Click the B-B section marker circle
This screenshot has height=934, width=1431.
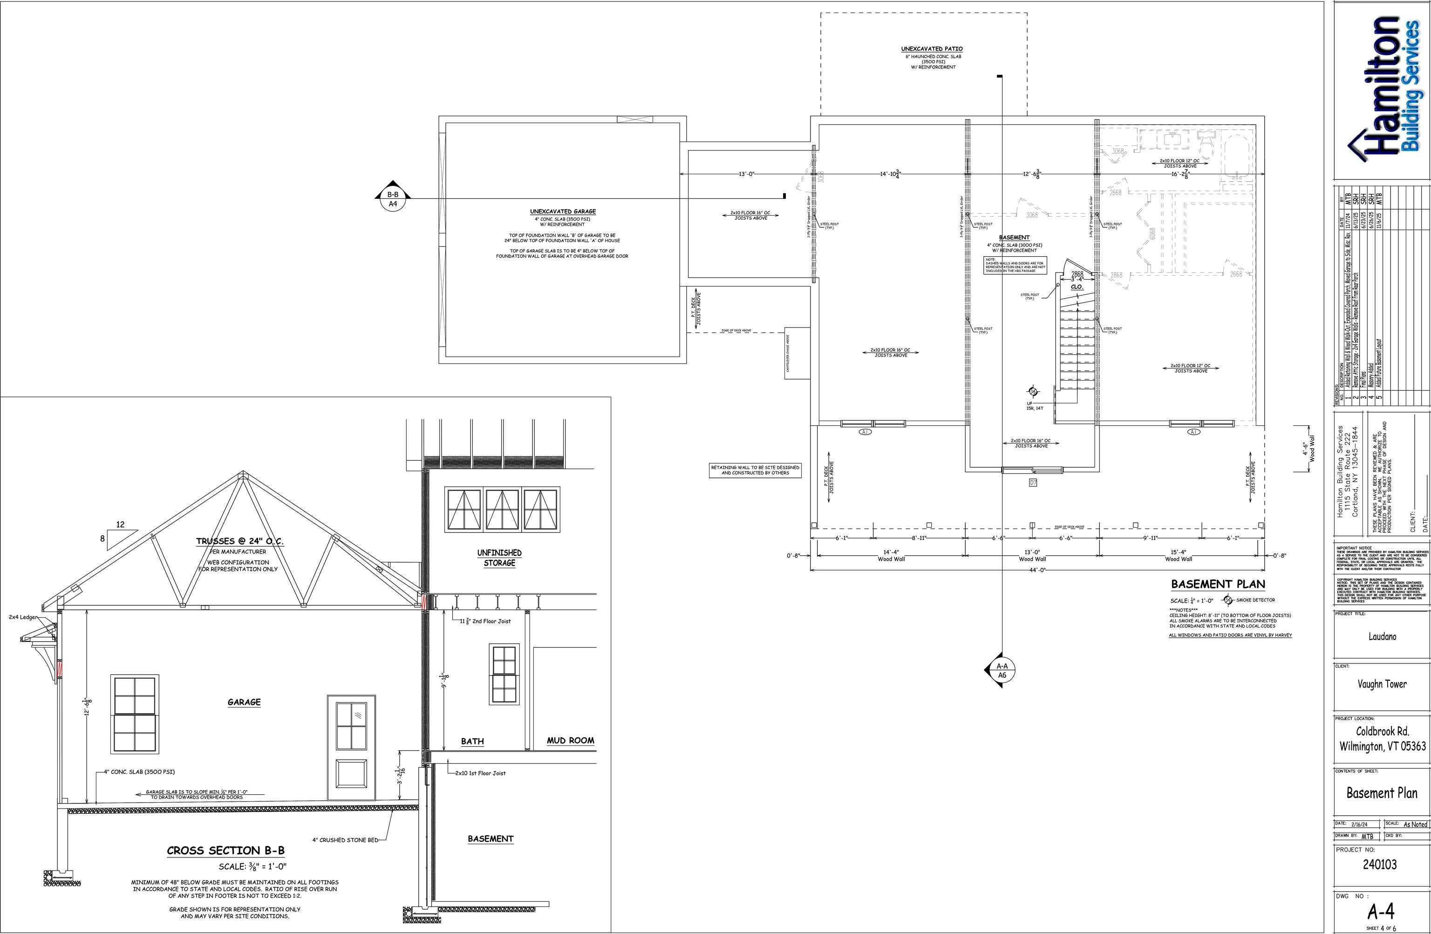coord(393,199)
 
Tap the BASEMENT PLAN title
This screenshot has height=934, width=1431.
coord(1218,584)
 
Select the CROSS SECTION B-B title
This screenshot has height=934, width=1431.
coord(225,851)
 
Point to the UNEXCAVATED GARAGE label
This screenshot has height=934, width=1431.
coord(563,211)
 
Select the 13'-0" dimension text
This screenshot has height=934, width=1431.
coord(746,174)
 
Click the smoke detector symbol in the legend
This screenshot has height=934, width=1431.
coord(1228,600)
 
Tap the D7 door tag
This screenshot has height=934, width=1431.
coord(1033,482)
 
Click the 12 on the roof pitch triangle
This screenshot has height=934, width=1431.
coord(120,525)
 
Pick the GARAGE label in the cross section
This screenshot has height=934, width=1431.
coord(244,702)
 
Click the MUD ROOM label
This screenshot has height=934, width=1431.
coord(570,740)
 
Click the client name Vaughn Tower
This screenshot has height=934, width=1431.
coord(1382,684)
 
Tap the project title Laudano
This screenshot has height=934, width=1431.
coord(1382,636)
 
